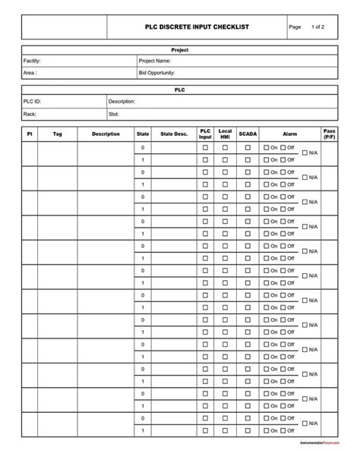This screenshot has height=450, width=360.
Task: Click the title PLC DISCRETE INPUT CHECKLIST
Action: click(197, 27)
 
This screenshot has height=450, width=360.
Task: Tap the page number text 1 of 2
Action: click(317, 27)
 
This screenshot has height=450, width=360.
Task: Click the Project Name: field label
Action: click(155, 61)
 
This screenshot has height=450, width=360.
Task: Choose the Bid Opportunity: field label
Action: click(157, 74)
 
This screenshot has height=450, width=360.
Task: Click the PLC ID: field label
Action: click(33, 101)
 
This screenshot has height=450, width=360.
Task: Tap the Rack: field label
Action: click(30, 114)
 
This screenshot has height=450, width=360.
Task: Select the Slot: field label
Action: click(115, 114)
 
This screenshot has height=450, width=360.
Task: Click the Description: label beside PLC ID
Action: click(122, 101)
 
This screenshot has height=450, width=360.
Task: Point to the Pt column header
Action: click(30, 134)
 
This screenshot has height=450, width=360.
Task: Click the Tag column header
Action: click(58, 134)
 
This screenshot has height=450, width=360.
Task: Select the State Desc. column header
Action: click(173, 134)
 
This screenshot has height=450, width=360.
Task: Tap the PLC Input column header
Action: click(205, 134)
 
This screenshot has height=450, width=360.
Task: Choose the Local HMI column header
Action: click(225, 134)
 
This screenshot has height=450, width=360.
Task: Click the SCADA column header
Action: click(248, 134)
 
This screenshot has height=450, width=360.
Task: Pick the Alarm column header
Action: click(289, 134)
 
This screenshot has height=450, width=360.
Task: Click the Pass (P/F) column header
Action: click(329, 134)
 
